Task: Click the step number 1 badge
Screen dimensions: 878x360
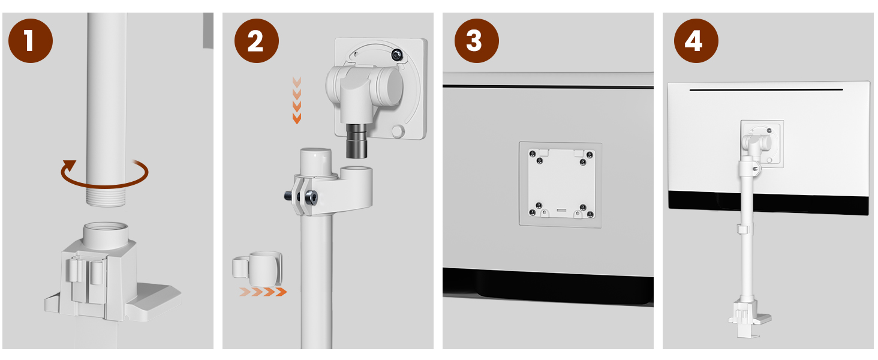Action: pos(31,41)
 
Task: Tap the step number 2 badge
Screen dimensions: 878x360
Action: pos(256,41)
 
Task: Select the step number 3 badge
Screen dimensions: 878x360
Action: pos(477,41)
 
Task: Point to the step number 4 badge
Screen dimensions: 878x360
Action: pos(696,41)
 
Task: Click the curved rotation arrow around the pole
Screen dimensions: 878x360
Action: pos(105,185)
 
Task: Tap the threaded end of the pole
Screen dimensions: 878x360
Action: pos(106,197)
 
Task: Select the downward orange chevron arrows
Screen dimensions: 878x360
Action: pos(297,100)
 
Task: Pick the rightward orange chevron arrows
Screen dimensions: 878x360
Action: pos(263,292)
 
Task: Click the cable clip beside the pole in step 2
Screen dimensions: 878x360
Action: pos(257,269)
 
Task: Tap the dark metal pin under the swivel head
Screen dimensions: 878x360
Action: pos(356,141)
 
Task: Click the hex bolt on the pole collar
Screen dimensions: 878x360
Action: pos(311,197)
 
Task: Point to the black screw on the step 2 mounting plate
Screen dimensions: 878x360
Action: pos(397,55)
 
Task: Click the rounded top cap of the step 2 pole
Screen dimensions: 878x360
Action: pos(315,161)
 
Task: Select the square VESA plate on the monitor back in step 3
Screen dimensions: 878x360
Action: pos(561,184)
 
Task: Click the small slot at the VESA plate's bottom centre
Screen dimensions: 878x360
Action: pos(561,210)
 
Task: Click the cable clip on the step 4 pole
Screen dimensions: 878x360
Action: pos(742,229)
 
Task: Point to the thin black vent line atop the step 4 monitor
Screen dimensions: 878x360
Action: pos(766,90)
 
